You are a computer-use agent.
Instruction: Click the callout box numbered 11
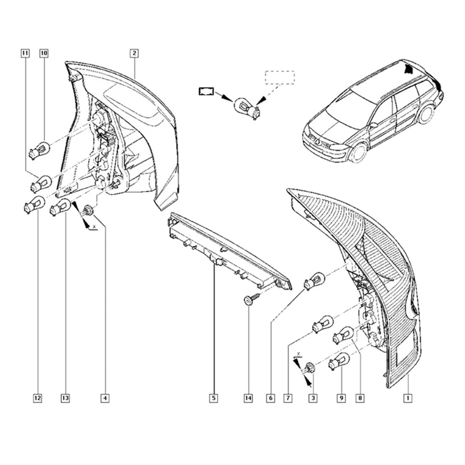coord(25,53)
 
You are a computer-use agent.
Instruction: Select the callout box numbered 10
coord(43,53)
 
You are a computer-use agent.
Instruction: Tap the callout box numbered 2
coord(134,53)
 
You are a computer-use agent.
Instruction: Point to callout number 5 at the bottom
coord(213,398)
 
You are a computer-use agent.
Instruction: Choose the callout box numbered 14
coord(248,398)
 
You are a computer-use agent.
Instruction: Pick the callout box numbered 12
coord(37,398)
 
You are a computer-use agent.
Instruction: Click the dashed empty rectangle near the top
coord(279,77)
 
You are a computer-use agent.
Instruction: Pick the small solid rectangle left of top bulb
coord(206,91)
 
